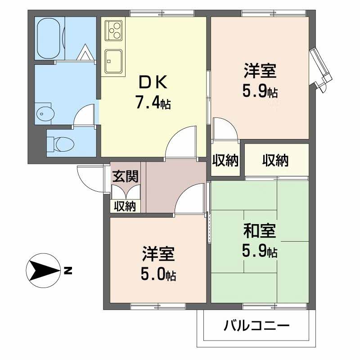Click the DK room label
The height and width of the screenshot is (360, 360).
click(153, 82)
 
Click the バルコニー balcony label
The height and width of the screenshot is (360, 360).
click(256, 325)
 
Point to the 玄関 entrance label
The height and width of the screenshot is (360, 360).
click(126, 176)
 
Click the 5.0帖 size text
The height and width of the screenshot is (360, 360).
click(158, 274)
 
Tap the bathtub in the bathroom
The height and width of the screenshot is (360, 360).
click(50, 38)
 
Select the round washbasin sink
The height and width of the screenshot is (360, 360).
click(43, 113)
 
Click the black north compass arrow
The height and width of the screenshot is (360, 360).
click(43, 271)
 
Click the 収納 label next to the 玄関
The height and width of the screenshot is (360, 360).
click(125, 207)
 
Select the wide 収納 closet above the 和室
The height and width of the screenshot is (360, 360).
click(276, 161)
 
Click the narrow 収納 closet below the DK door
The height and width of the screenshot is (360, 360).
click(225, 161)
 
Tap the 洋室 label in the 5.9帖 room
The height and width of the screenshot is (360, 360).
click(260, 72)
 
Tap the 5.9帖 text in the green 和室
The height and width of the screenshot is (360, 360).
click(260, 251)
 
